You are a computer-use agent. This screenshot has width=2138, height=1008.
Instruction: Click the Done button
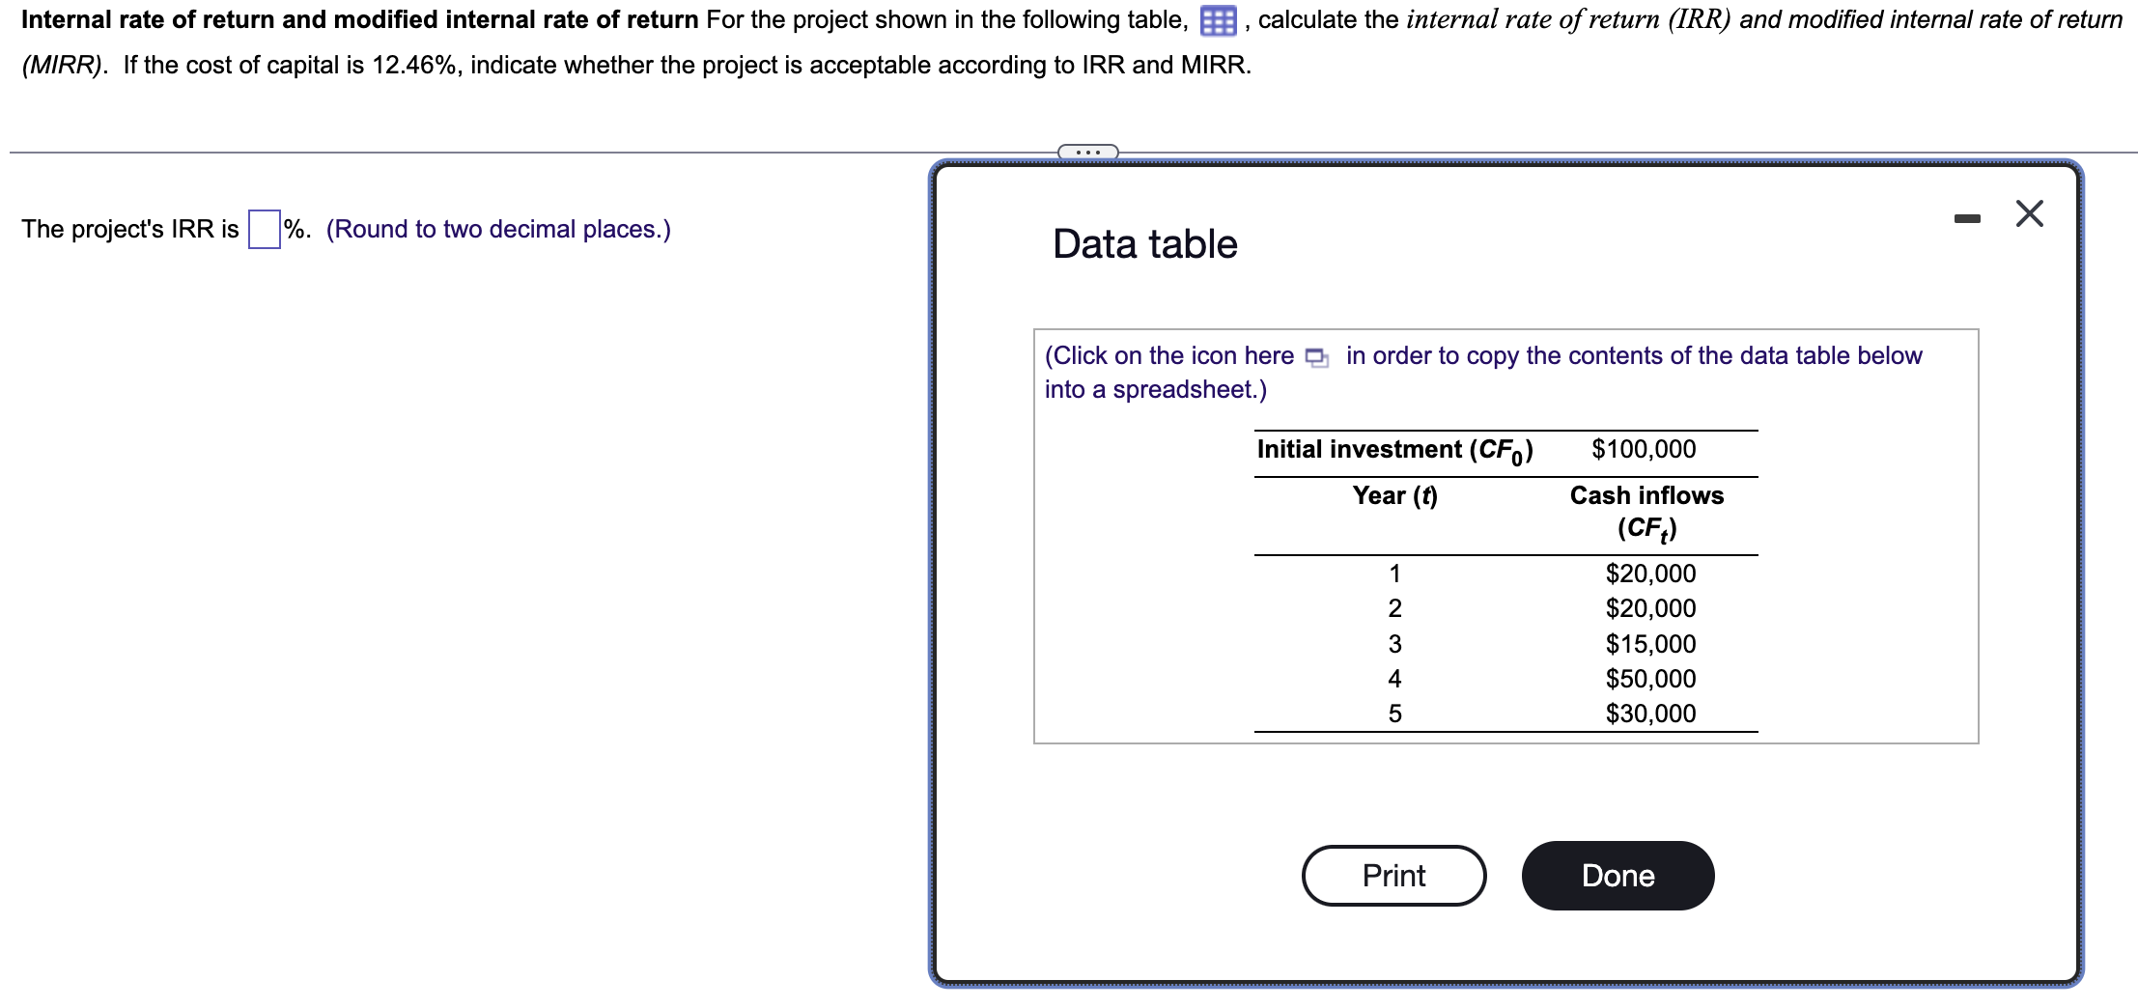point(1618,876)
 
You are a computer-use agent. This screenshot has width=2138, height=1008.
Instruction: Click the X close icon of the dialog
point(2029,213)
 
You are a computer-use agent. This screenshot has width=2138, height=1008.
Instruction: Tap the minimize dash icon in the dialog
point(1966,219)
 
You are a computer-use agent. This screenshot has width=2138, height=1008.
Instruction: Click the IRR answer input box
point(264,230)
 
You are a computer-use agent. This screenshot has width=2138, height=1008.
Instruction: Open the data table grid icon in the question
point(1218,21)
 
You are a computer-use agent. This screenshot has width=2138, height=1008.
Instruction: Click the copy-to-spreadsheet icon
point(1316,357)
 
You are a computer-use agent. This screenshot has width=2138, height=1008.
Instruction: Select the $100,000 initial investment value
point(1644,449)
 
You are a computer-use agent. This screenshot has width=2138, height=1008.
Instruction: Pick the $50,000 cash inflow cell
point(1650,679)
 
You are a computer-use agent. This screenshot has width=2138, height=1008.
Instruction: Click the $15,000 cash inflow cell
point(1650,644)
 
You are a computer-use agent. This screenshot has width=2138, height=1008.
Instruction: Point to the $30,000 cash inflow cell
point(1650,714)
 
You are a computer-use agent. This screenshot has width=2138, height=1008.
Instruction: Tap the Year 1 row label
point(1394,574)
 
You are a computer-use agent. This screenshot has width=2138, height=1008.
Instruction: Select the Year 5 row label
point(1394,714)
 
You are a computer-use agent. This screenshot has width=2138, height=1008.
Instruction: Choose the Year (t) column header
point(1394,495)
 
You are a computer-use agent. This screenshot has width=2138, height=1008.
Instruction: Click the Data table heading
point(1144,244)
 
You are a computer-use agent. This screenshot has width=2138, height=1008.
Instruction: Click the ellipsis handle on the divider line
point(1087,152)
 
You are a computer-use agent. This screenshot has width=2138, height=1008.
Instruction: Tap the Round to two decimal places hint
point(498,230)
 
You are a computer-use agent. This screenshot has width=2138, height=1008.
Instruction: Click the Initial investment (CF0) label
point(1394,450)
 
